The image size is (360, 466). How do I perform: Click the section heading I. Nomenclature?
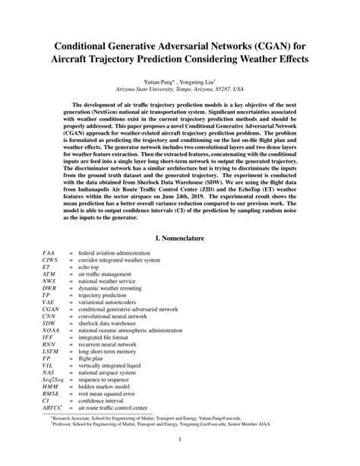pyautogui.click(x=179, y=238)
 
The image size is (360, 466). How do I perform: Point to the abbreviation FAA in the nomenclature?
pyautogui.click(x=49, y=252)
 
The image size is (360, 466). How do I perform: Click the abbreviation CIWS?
pyautogui.click(x=50, y=260)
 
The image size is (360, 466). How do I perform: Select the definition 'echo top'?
pyautogui.click(x=93, y=268)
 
